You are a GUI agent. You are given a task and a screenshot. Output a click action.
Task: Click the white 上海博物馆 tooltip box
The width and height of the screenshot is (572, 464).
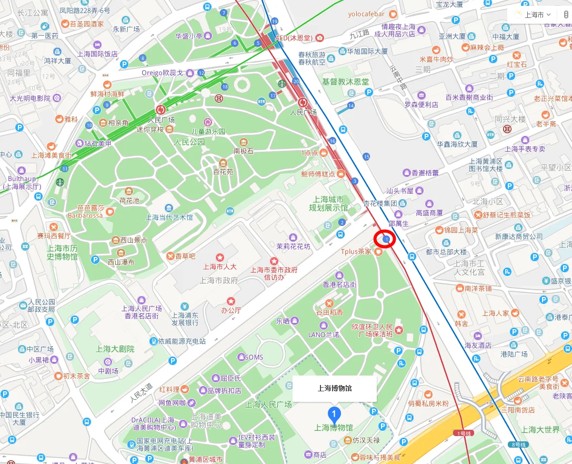pyautogui.click(x=334, y=389)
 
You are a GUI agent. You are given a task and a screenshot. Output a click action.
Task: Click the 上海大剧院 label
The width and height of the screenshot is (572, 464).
pyautogui.click(x=115, y=349)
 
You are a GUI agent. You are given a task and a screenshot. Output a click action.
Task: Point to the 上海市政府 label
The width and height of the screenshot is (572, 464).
pyautogui.click(x=219, y=280)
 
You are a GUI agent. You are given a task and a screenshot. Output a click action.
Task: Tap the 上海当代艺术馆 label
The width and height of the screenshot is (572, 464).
pyautogui.click(x=169, y=217)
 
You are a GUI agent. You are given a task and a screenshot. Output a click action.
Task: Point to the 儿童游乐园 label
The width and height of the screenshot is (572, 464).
pyautogui.click(x=207, y=131)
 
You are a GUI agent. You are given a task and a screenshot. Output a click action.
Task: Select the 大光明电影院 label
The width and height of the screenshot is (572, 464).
pyautogui.click(x=30, y=98)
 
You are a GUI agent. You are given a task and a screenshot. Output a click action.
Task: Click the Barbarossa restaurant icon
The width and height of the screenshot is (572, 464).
pyautogui.click(x=110, y=212)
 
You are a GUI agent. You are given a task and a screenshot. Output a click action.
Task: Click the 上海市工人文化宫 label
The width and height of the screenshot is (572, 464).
pyautogui.click(x=469, y=268)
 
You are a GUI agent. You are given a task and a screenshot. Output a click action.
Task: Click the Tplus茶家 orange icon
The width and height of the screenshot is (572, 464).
pyautogui.click(x=378, y=252)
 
